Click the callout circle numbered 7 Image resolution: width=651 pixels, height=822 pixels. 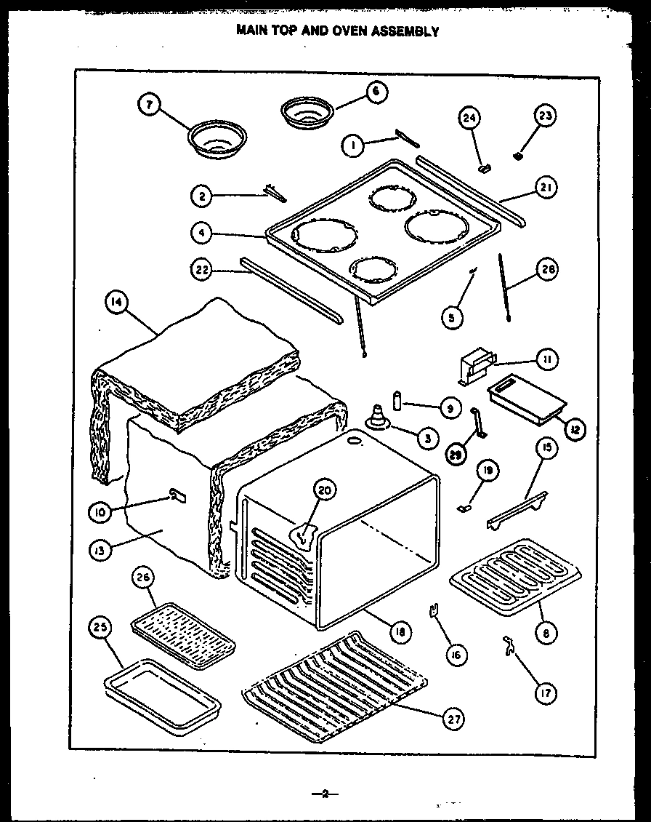pos(149,105)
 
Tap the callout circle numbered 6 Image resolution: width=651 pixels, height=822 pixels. pos(376,92)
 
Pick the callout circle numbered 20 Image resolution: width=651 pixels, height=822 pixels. pos(325,491)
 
